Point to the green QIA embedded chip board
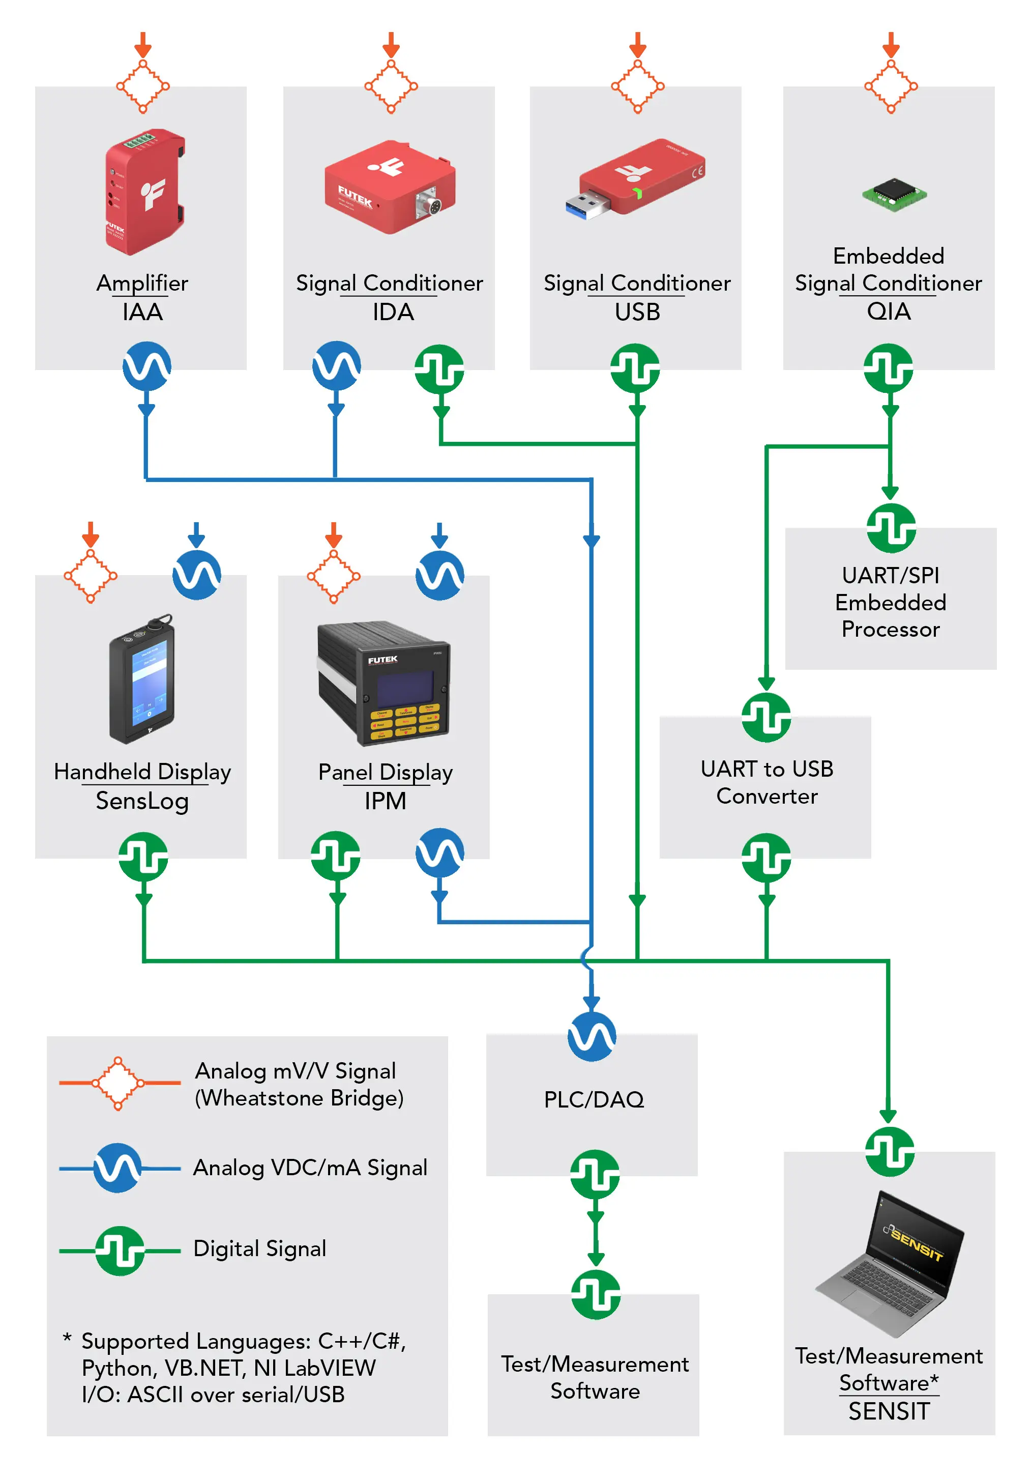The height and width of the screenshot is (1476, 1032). coord(894,193)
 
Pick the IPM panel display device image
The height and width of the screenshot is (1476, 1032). coord(384,684)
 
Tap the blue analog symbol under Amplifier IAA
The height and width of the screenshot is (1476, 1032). coord(147,366)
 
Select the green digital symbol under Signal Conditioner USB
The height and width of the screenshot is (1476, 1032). coord(635,367)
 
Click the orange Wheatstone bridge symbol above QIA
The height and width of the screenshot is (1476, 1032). coord(891,86)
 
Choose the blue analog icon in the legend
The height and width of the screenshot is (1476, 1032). coord(117,1168)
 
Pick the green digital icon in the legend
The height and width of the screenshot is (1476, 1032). coord(120,1251)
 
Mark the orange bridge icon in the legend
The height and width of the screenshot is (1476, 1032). coord(118,1083)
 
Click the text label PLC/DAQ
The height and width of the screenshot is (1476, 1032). coord(594,1100)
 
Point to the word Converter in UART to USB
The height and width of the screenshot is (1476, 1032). coord(766,797)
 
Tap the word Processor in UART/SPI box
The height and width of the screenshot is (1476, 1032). coord(891,630)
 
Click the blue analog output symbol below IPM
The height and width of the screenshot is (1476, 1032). coord(439,853)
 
